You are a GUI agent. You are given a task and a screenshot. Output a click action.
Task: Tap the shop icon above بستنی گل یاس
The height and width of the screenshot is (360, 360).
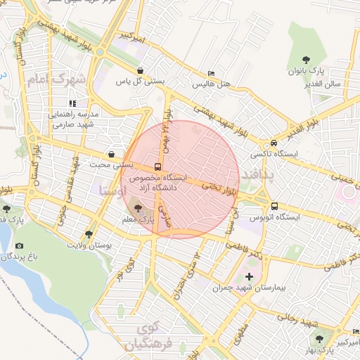[141, 70]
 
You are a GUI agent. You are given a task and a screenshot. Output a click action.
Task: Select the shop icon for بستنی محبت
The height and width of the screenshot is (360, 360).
[111, 154]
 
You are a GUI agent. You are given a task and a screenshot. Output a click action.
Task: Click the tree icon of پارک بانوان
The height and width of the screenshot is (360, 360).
[306, 60]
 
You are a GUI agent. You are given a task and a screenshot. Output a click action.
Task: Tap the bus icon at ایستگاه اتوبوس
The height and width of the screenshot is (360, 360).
[274, 207]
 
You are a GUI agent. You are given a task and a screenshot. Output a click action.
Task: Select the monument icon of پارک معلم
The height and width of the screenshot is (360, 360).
[136, 209]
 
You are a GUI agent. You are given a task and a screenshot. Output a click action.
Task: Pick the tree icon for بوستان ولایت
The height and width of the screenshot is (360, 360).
[88, 234]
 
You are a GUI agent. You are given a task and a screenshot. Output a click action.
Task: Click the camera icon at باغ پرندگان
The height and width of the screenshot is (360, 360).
[19, 245]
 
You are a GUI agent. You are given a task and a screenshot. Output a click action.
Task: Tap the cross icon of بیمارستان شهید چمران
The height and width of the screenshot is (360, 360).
[249, 277]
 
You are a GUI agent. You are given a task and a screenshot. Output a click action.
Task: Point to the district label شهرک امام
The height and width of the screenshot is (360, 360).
[56, 80]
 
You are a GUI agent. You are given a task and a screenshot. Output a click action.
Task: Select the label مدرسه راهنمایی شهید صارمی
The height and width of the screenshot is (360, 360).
[76, 119]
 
